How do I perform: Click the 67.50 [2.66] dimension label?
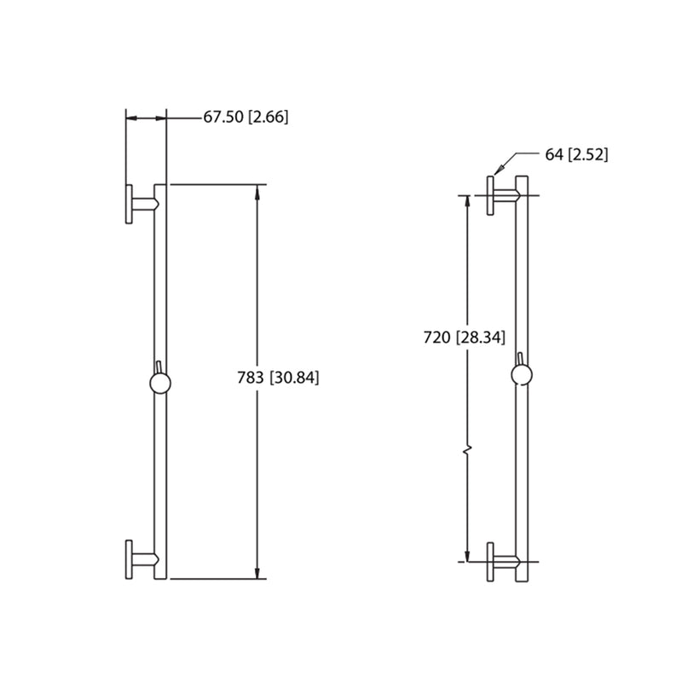point(246,118)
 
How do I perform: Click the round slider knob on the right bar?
point(523,373)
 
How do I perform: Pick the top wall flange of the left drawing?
point(129,205)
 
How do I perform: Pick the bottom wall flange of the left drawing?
point(129,559)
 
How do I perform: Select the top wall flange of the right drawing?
point(491,196)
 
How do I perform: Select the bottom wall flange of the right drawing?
point(491,562)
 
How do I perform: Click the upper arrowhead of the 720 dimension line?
point(466,202)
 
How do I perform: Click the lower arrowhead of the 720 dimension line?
point(466,555)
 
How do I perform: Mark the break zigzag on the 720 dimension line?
point(466,448)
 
